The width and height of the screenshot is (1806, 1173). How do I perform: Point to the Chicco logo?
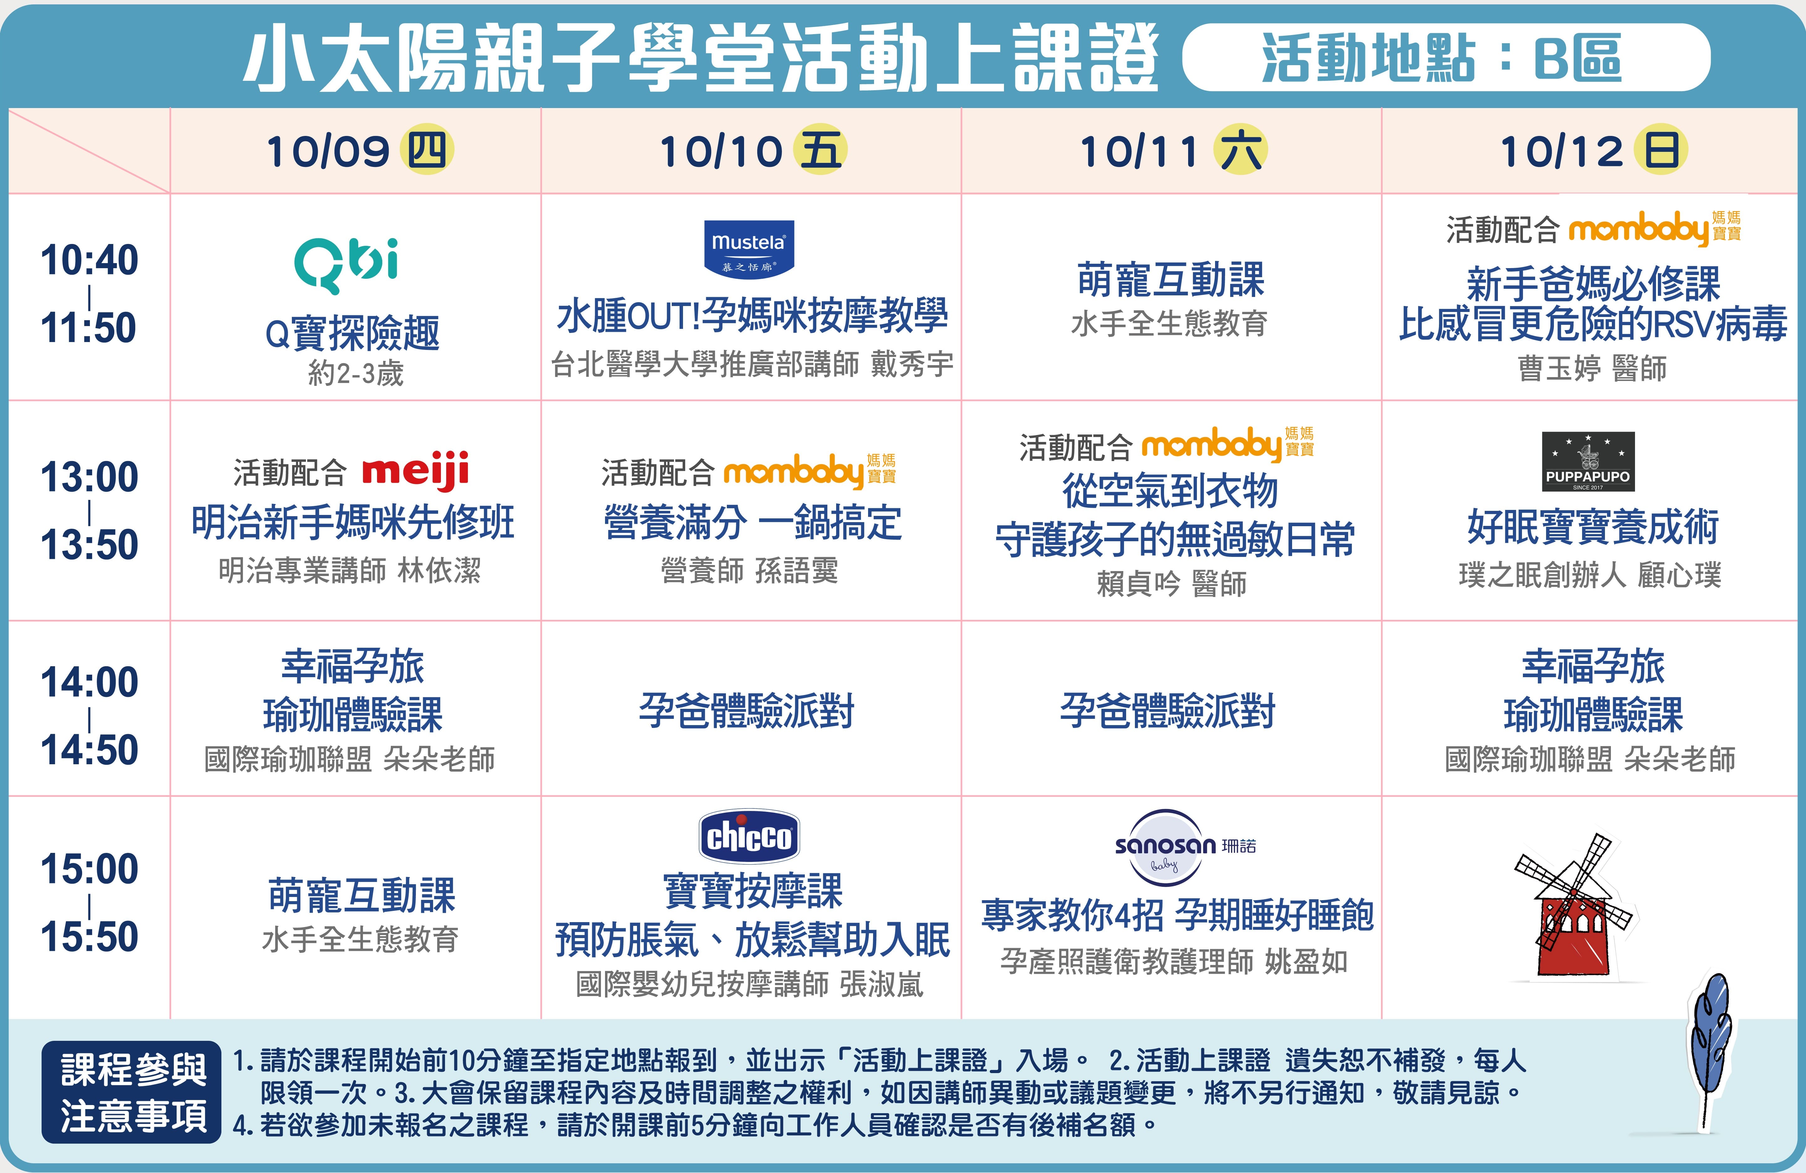coord(749,836)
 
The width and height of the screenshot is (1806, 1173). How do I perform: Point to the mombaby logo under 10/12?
coord(1654,228)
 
